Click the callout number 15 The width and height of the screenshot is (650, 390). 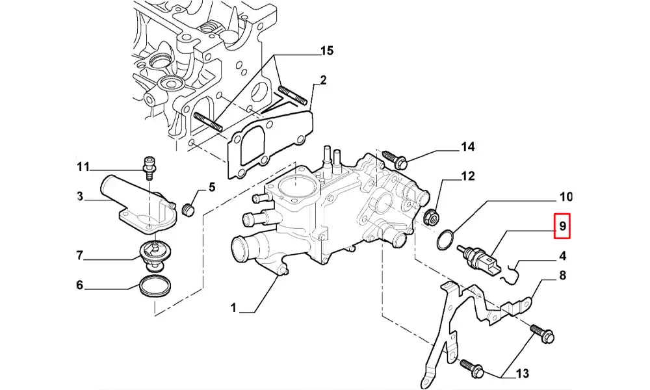tap(326, 51)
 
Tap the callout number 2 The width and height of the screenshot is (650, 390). tap(322, 81)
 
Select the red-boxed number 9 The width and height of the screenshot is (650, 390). tap(562, 227)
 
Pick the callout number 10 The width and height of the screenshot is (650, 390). tap(565, 196)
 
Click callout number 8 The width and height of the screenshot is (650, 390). tap(562, 276)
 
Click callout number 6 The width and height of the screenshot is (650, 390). tap(80, 285)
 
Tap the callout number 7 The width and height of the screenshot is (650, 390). tap(80, 255)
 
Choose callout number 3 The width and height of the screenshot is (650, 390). tap(80, 195)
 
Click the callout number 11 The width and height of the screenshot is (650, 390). tap(82, 167)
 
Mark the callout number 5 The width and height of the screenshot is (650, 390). tap(211, 188)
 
